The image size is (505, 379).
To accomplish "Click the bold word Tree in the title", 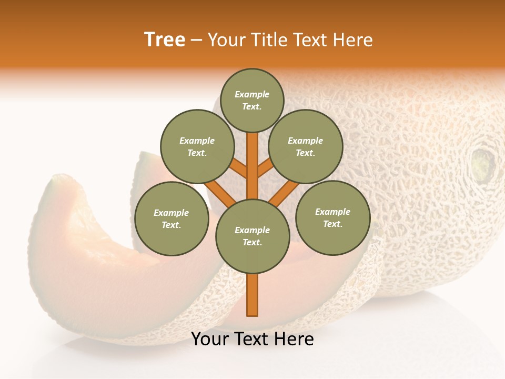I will pyautogui.click(x=165, y=40).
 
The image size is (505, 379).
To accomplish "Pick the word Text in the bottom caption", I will pyautogui.click(x=252, y=339).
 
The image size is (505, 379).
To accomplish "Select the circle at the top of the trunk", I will pyautogui.click(x=252, y=100).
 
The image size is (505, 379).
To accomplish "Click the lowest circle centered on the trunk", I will pyautogui.click(x=252, y=236).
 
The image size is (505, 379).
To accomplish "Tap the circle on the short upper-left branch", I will pyautogui.click(x=197, y=146).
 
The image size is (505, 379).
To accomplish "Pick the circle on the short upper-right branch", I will pyautogui.click(x=305, y=146).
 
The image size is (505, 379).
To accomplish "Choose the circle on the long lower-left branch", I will pyautogui.click(x=171, y=218).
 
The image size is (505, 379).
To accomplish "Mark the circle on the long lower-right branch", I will pyautogui.click(x=332, y=217).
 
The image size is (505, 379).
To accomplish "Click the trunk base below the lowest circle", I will pyautogui.click(x=252, y=295).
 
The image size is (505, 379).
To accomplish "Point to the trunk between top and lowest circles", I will pyautogui.click(x=252, y=168).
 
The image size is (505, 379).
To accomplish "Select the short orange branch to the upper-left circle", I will pyautogui.click(x=238, y=168).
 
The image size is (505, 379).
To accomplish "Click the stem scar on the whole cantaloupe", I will pyautogui.click(x=482, y=164).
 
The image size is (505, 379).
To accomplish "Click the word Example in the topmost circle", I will pyautogui.click(x=252, y=94).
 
